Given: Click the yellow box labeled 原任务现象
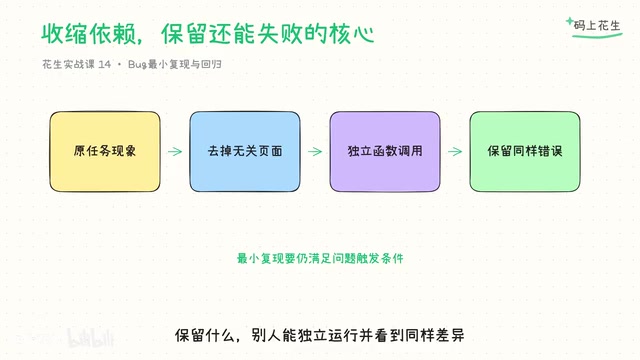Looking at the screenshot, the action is [x=105, y=151].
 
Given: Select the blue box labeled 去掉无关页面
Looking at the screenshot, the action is [x=245, y=151].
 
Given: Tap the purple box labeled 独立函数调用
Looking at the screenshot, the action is [x=385, y=151].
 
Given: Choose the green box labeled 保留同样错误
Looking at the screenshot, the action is [x=525, y=151].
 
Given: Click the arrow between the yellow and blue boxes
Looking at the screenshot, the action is [x=175, y=151].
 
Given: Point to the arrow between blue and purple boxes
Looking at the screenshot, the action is [x=315, y=151].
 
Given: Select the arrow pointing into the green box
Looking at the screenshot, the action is [x=455, y=151].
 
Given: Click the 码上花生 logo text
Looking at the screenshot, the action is [x=597, y=26].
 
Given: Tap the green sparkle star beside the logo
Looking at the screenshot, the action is [x=570, y=20].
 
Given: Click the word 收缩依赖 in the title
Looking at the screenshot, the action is [x=89, y=33].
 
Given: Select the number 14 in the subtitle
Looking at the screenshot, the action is [x=104, y=64].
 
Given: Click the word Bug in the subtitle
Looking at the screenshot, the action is [x=137, y=64].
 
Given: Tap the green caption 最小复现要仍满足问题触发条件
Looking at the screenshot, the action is [x=320, y=258].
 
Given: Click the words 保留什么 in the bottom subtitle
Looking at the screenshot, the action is [x=204, y=336].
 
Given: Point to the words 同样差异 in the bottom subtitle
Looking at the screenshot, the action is [x=434, y=336].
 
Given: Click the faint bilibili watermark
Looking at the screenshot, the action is [x=90, y=338].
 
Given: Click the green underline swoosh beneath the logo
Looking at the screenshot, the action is [x=597, y=36].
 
